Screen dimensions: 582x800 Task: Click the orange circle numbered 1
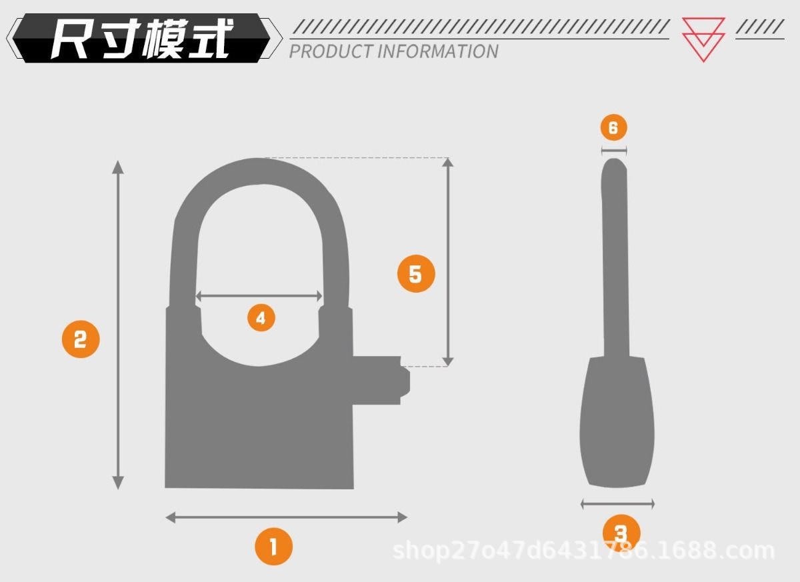(273, 547)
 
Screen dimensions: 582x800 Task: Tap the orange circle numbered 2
(81, 339)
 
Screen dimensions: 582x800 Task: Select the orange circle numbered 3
(621, 533)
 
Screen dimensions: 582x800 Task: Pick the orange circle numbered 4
(261, 318)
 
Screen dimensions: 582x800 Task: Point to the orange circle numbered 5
(416, 274)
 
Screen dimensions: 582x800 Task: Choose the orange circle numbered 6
(613, 127)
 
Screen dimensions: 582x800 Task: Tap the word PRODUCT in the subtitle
(331, 51)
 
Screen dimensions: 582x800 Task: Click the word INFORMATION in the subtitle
(438, 51)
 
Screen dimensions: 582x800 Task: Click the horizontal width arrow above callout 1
(286, 517)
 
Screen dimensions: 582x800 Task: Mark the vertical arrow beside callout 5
(448, 262)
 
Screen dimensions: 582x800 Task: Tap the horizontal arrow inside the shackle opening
(259, 296)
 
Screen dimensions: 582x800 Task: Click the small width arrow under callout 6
(614, 151)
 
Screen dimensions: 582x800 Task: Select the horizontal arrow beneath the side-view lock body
(617, 504)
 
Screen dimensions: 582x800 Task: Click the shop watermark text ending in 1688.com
(583, 551)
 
